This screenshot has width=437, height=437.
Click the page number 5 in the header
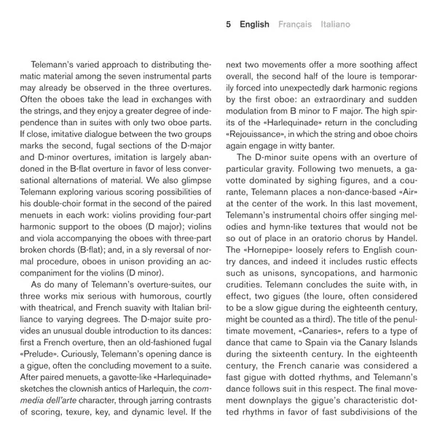click(x=229, y=24)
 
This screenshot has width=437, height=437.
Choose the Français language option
click(x=295, y=24)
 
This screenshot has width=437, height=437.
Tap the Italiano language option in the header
click(x=334, y=24)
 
